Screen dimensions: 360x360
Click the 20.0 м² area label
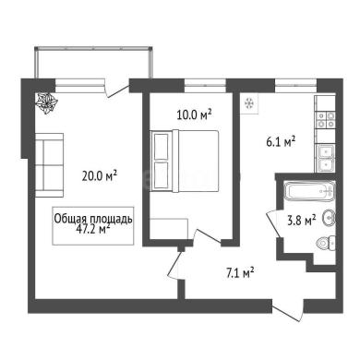[x=100, y=176]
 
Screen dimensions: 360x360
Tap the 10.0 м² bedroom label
[x=194, y=114]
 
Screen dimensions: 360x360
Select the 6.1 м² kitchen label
[x=281, y=142]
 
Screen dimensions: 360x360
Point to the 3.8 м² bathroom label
[x=302, y=221]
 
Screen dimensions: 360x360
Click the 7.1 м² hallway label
[x=240, y=272]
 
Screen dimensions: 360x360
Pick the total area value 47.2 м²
[x=93, y=229]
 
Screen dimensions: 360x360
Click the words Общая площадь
[x=93, y=219]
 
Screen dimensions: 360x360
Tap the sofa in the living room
[x=49, y=165]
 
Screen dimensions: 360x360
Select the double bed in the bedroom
[x=185, y=161]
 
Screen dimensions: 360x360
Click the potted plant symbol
[x=46, y=103]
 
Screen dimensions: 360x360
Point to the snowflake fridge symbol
[x=249, y=103]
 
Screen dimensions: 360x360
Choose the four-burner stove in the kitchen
[x=326, y=120]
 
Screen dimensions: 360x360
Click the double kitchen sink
[x=326, y=158]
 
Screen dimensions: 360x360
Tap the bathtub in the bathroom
[x=309, y=191]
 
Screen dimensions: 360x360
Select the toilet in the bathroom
[x=326, y=244]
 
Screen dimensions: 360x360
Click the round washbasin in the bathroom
[x=329, y=218]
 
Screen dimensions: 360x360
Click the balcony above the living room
[x=93, y=63]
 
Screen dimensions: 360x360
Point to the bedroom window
[x=205, y=86]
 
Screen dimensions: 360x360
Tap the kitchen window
[x=295, y=86]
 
